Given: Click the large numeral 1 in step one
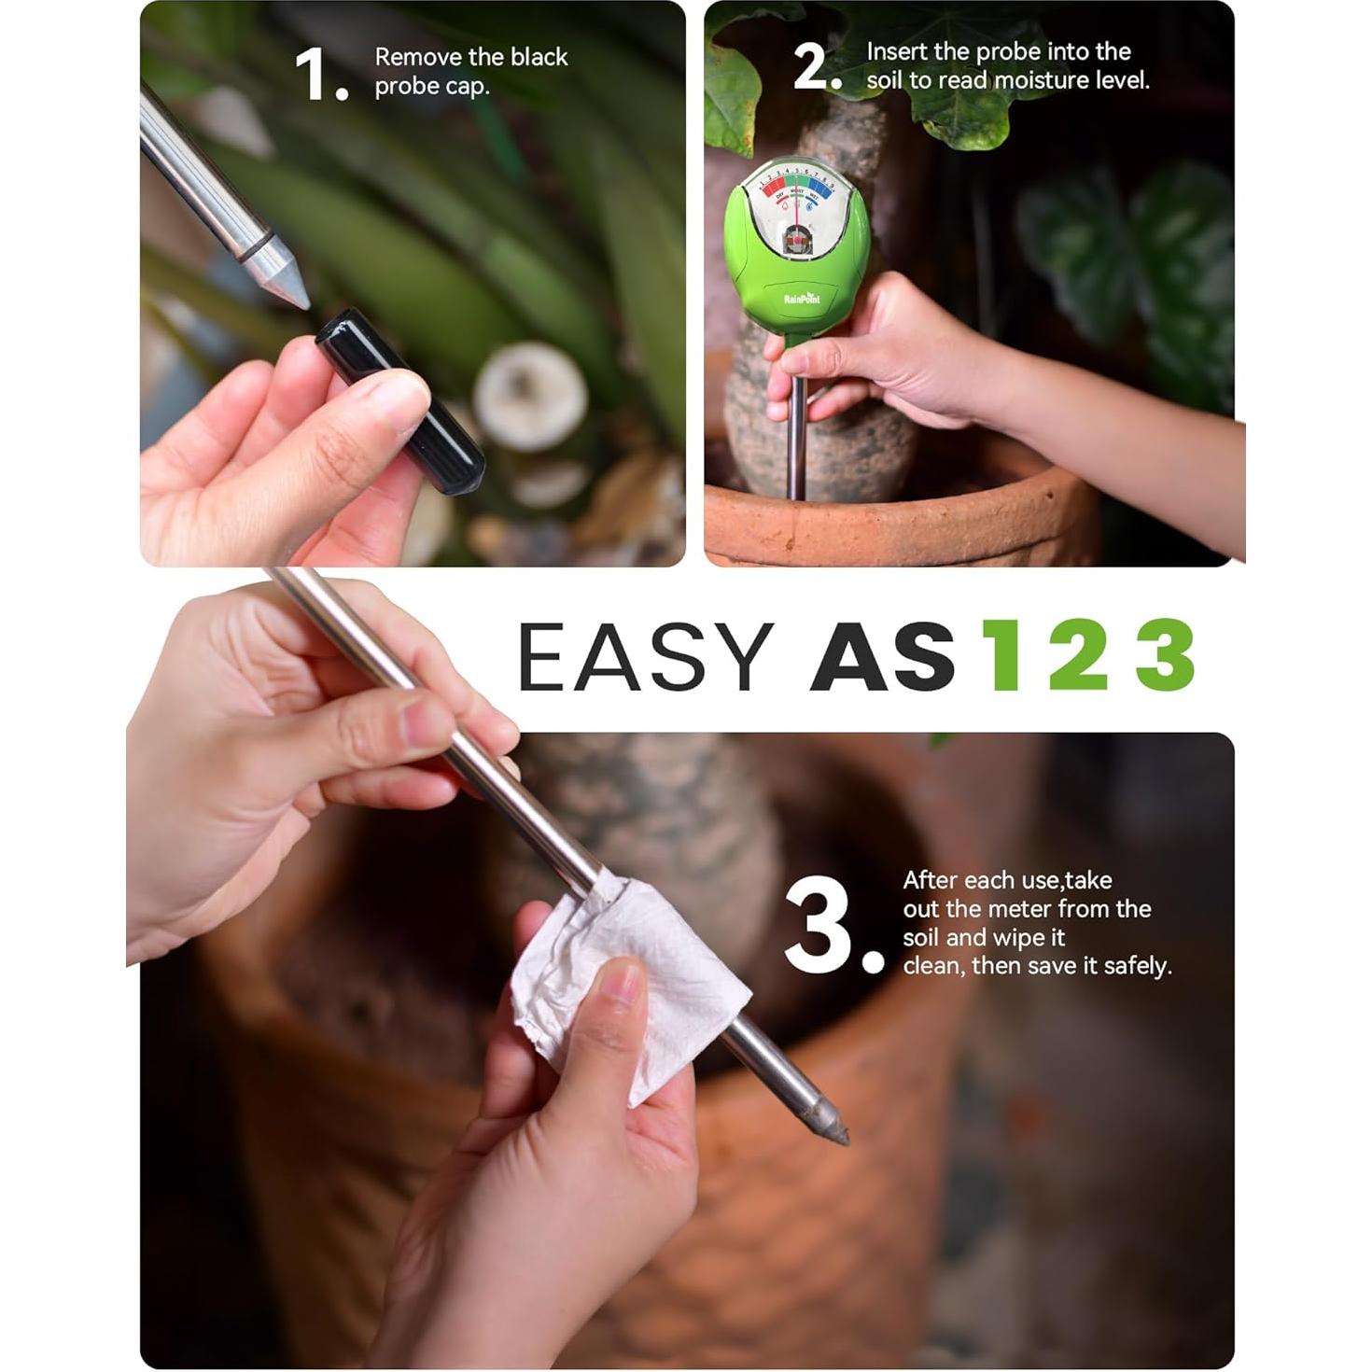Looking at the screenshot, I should pyautogui.click(x=313, y=75).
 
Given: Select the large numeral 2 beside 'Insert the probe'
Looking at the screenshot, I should pyautogui.click(x=811, y=67).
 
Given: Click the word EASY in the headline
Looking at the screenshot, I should pyautogui.click(x=645, y=657).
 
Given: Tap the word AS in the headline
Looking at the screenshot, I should pyautogui.click(x=883, y=657).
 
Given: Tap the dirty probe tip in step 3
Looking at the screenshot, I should pyautogui.click(x=827, y=1120).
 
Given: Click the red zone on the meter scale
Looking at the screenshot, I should pyautogui.click(x=774, y=187).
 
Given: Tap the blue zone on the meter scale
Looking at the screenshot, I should pyautogui.click(x=819, y=186).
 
